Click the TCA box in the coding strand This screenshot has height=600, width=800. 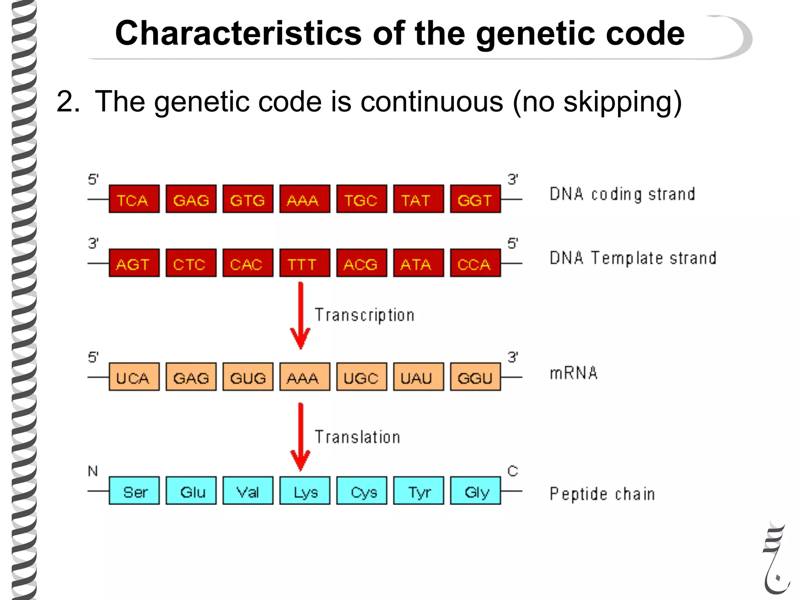click(x=134, y=199)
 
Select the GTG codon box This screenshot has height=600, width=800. click(x=248, y=199)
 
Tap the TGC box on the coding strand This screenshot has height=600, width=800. click(x=362, y=199)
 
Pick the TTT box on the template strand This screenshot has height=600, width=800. click(x=305, y=263)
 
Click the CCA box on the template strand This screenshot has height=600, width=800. click(x=475, y=263)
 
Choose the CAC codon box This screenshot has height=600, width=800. click(x=248, y=263)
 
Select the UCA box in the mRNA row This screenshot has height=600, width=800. click(x=134, y=377)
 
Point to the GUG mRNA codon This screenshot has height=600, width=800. click(x=248, y=377)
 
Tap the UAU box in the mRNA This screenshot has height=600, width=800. click(x=418, y=377)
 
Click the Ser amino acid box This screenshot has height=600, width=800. click(x=134, y=491)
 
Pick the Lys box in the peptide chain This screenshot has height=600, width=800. click(x=305, y=491)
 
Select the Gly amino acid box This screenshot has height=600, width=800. click(x=475, y=491)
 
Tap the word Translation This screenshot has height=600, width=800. click(x=357, y=437)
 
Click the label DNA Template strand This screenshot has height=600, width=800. click(x=633, y=258)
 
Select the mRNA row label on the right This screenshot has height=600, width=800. click(x=573, y=373)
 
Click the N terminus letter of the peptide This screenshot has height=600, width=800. click(x=93, y=471)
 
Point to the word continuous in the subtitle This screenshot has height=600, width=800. click(x=432, y=102)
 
